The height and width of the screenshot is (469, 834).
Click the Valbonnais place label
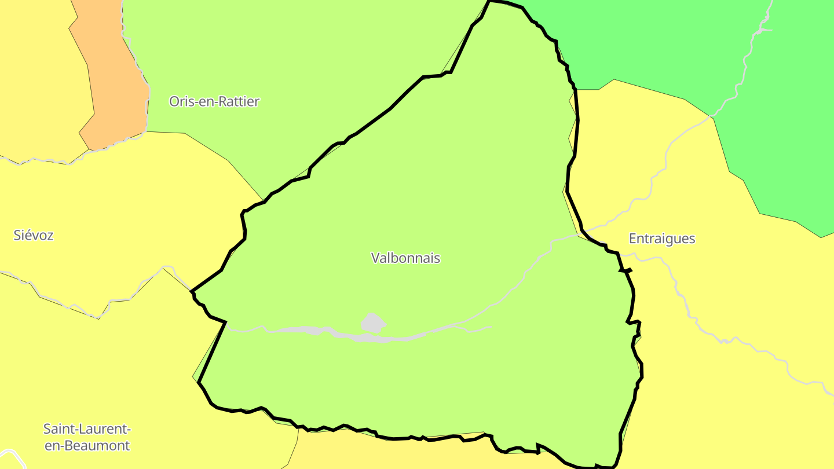(405, 258)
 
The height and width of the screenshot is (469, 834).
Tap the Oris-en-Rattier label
(214, 101)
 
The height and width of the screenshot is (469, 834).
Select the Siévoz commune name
(34, 235)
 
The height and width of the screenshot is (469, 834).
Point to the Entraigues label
(661, 239)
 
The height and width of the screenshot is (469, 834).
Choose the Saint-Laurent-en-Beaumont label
(87, 437)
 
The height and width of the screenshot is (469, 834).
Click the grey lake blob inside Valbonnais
(373, 323)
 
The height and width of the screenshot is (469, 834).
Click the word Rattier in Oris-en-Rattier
(237, 101)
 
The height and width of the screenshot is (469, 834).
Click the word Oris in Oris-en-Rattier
(180, 101)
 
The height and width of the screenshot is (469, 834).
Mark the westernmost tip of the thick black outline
(192, 291)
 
